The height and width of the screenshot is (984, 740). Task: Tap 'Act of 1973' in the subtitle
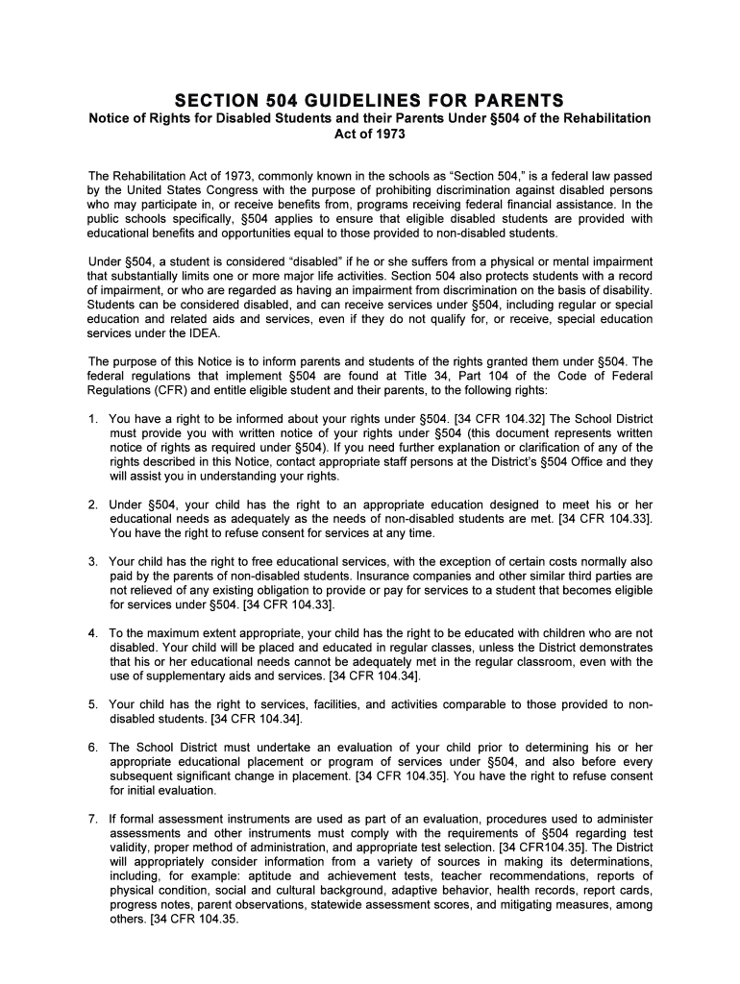370,135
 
